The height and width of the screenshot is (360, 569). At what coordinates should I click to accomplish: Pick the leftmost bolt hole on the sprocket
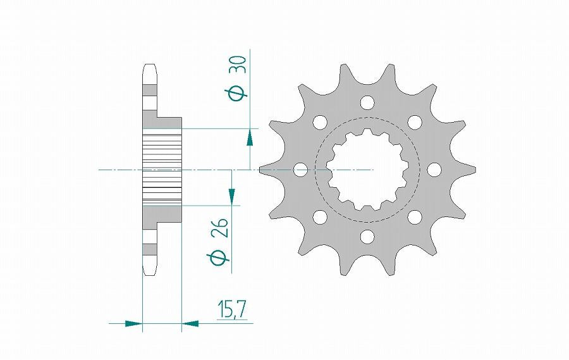click(x=300, y=170)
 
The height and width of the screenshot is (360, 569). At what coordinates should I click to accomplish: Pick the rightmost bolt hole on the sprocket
click(x=434, y=170)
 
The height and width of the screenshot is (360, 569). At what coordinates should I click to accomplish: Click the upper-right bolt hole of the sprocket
click(x=414, y=121)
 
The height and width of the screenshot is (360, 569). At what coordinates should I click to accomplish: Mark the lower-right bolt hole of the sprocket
click(x=414, y=217)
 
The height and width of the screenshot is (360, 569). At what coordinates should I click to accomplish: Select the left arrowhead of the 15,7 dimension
click(x=133, y=323)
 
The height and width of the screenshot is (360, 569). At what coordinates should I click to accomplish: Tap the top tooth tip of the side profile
click(x=150, y=68)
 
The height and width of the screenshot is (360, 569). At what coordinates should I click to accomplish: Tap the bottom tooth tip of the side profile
click(x=150, y=270)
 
